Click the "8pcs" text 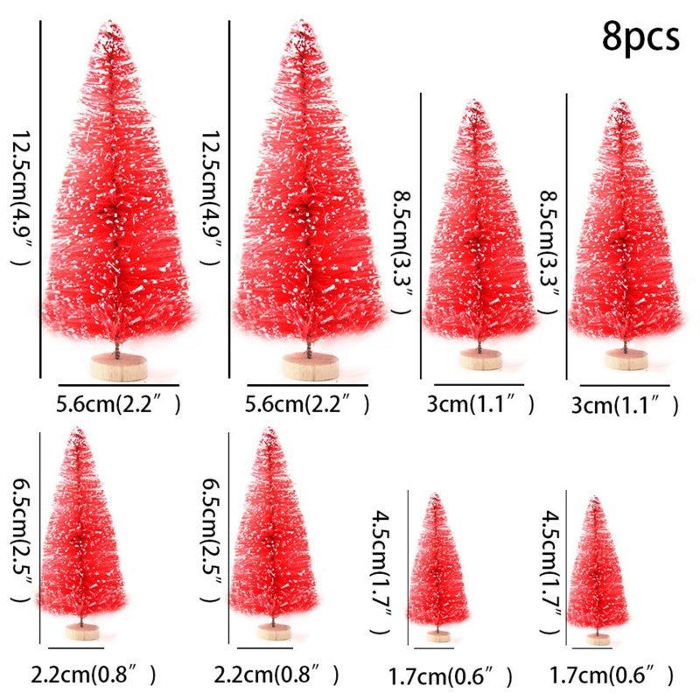click(x=640, y=37)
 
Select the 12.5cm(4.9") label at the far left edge click(x=18, y=199)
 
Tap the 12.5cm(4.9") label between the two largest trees click(x=209, y=199)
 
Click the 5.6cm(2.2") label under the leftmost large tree click(x=119, y=404)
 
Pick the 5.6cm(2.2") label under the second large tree click(x=307, y=404)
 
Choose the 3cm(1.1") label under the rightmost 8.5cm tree click(x=625, y=404)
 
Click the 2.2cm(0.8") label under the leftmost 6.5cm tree click(x=94, y=675)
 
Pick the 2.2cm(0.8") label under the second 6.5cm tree click(x=279, y=675)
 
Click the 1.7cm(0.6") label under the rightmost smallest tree click(x=612, y=675)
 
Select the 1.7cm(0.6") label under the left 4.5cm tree click(x=451, y=675)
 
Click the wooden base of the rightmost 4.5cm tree click(x=599, y=639)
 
